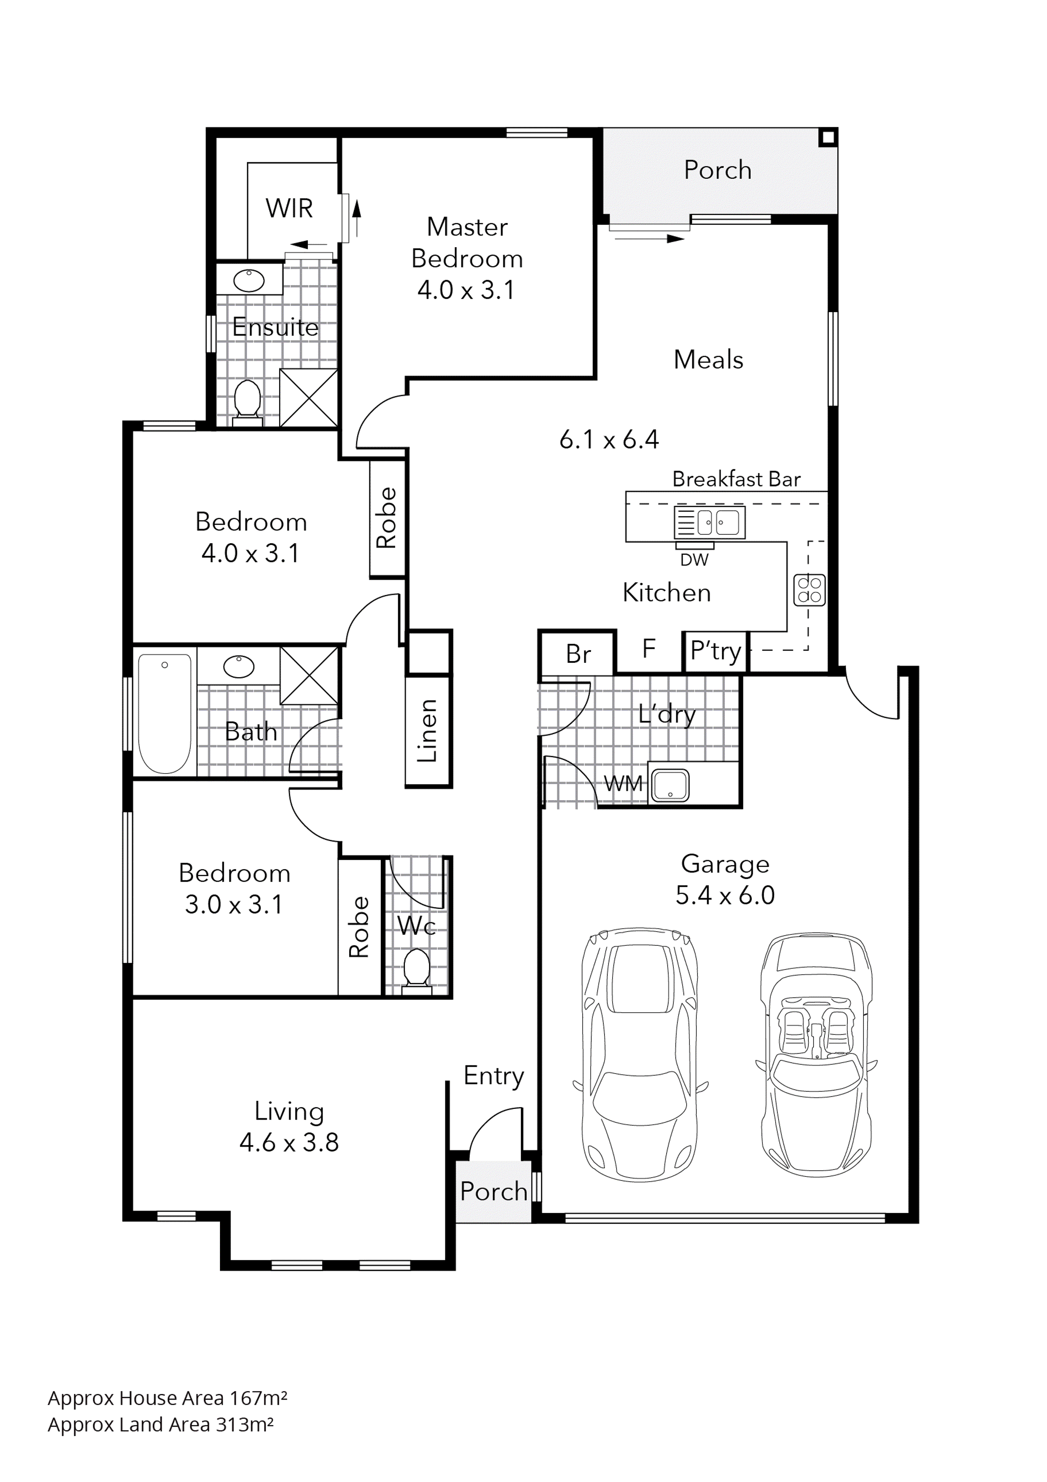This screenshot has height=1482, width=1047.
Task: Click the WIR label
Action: (x=289, y=209)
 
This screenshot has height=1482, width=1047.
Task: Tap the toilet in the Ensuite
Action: (x=247, y=401)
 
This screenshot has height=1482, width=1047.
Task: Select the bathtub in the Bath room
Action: (x=165, y=713)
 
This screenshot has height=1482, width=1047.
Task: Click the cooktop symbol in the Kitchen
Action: (x=809, y=589)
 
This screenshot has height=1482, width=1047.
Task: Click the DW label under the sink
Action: (x=694, y=560)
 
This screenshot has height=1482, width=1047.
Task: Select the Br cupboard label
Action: (x=578, y=654)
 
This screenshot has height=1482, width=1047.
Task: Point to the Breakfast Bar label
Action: (x=736, y=479)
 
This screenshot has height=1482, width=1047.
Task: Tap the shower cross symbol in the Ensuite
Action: (x=308, y=398)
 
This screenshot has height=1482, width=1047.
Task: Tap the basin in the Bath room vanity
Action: (x=239, y=666)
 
